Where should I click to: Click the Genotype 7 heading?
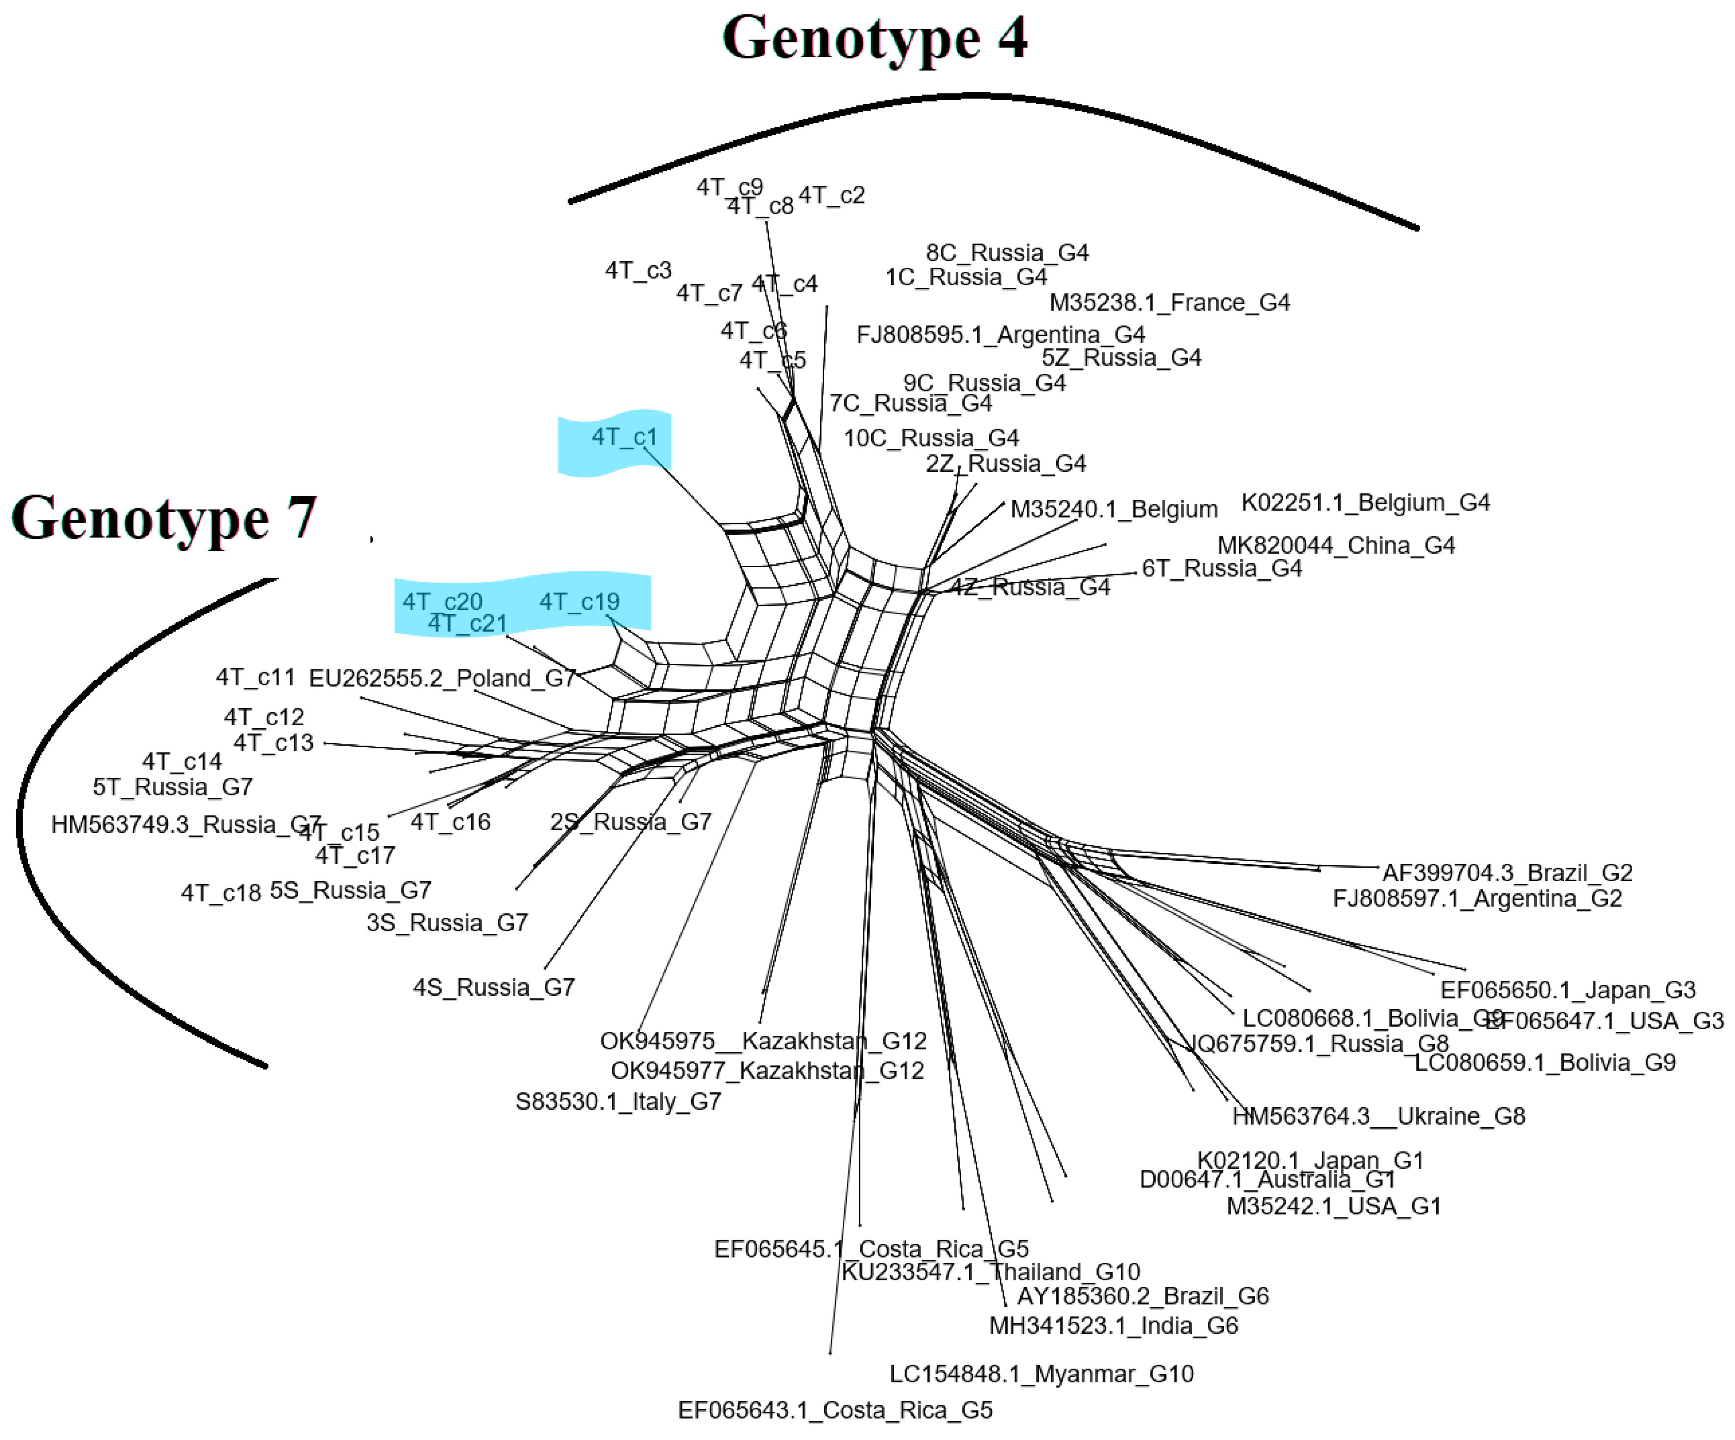(164, 518)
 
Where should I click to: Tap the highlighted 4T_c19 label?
(579, 602)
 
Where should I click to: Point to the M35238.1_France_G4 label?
(1169, 302)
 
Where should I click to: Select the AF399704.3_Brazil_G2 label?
(1507, 872)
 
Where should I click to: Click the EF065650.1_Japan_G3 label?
(1567, 990)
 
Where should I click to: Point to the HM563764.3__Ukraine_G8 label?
(1378, 1116)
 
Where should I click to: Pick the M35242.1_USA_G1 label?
(1333, 1206)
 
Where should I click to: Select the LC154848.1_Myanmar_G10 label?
(1041, 1374)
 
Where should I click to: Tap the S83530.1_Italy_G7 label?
(618, 1101)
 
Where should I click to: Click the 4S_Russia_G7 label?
(494, 987)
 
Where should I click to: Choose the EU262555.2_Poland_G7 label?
(442, 678)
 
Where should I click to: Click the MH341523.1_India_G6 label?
(1113, 1326)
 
